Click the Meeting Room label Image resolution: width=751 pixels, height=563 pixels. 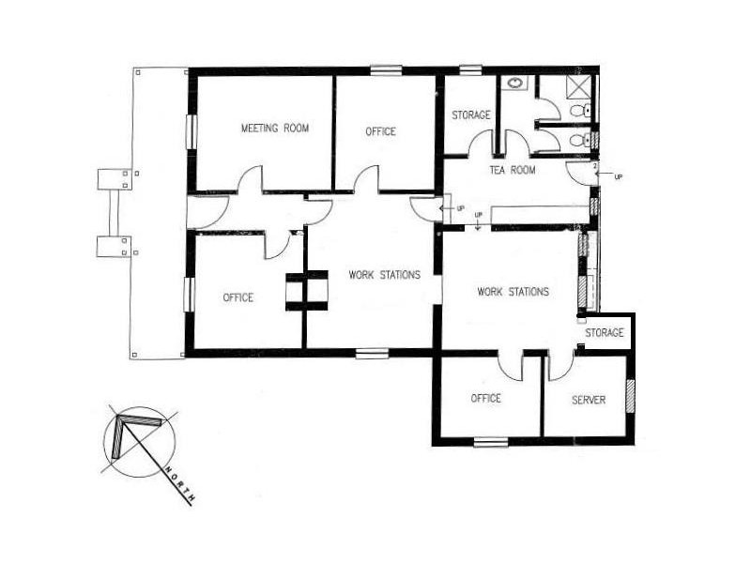[x=274, y=129]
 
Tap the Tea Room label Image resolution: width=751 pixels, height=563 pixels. [x=513, y=170]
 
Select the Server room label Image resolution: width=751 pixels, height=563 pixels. [x=589, y=400]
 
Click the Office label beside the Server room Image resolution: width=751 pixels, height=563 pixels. [x=485, y=399]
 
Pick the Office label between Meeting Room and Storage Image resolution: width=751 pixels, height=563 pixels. [x=380, y=131]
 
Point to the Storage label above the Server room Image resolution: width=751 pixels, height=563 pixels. [x=604, y=333]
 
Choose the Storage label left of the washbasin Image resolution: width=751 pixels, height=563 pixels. [x=470, y=115]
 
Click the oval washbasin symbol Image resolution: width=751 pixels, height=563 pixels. [x=515, y=84]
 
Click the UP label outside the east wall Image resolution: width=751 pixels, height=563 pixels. [x=617, y=176]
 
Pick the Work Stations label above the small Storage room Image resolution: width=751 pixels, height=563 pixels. [x=513, y=292]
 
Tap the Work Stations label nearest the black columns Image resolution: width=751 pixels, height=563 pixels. [x=383, y=275]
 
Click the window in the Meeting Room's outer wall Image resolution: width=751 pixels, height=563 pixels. [x=192, y=129]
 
